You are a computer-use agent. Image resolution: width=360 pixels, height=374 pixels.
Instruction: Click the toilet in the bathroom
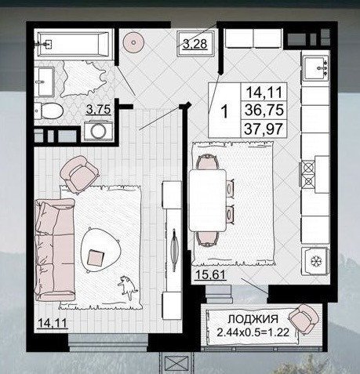click(49, 111)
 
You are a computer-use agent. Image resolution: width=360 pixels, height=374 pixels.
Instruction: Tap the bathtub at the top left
click(73, 44)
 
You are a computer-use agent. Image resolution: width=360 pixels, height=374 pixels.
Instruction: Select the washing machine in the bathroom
click(98, 131)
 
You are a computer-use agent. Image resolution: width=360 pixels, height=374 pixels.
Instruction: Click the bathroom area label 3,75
click(99, 109)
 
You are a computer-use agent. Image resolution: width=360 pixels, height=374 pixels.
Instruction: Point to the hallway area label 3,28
click(195, 44)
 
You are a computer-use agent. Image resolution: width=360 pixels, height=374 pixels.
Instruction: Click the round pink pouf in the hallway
click(133, 42)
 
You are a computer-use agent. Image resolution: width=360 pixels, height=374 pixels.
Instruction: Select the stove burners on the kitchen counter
click(307, 173)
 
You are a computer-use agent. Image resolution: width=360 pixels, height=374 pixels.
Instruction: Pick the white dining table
click(208, 200)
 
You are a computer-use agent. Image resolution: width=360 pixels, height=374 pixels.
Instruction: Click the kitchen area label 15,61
click(210, 275)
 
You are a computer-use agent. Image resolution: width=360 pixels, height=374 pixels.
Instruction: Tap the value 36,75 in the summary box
click(264, 110)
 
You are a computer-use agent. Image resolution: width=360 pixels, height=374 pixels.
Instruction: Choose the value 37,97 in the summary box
click(264, 129)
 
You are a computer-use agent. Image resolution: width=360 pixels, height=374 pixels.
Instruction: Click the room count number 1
click(224, 111)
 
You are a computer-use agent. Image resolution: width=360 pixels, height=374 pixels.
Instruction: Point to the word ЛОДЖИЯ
click(253, 319)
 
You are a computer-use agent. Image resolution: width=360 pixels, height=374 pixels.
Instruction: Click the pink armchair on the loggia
click(304, 318)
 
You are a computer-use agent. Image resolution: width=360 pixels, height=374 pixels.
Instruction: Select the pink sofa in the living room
click(55, 250)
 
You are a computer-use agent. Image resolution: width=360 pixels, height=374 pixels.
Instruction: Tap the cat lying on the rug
click(128, 287)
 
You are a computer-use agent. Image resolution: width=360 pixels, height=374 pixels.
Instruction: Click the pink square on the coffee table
click(96, 258)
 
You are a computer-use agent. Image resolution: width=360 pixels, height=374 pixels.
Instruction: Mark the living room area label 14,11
click(53, 323)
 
